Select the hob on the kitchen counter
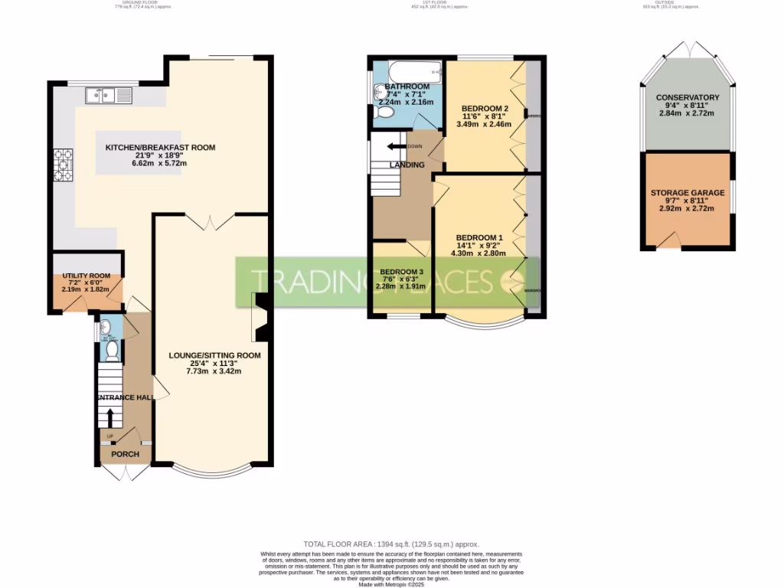(61, 165)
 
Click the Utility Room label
(87, 276)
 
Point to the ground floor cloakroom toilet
(112, 351)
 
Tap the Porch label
(126, 454)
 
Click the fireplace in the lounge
(260, 317)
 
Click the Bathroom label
(407, 87)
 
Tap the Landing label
(402, 165)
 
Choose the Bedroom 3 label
(401, 272)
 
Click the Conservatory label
(688, 98)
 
